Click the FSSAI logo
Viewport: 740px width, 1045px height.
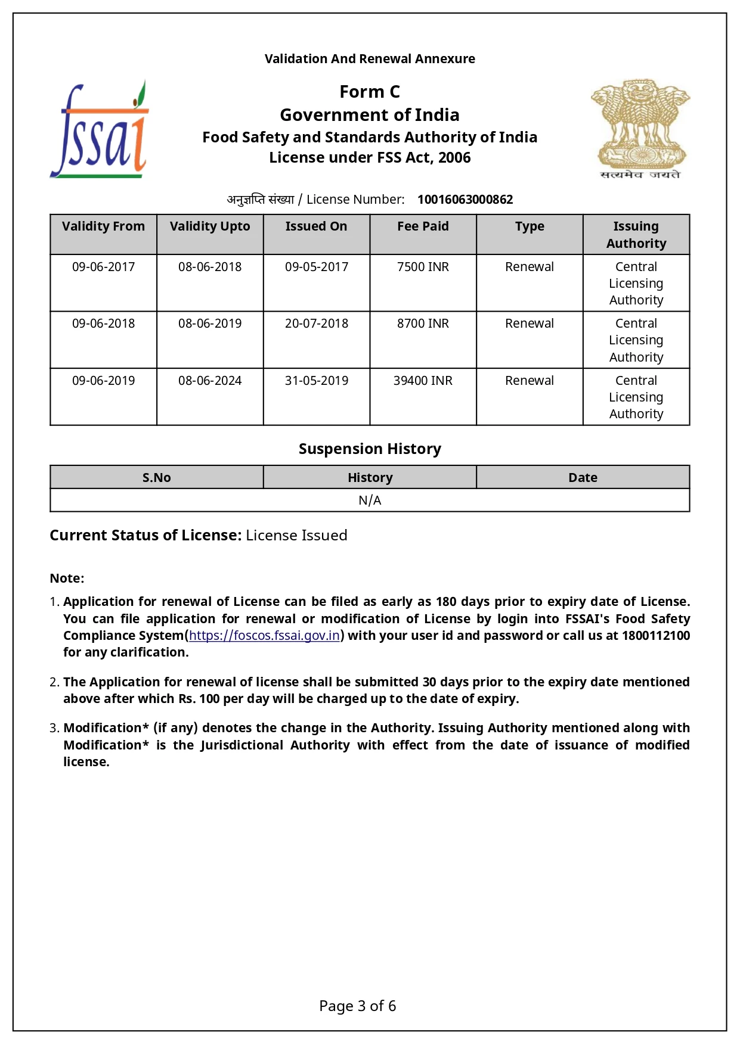(100, 130)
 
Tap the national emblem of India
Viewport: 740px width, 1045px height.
(640, 129)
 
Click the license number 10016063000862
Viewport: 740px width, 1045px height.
(465, 200)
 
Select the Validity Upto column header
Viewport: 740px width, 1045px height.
(210, 226)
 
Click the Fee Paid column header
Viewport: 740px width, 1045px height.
(423, 226)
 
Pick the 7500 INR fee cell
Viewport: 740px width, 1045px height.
(423, 267)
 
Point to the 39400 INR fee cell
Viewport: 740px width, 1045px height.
(423, 381)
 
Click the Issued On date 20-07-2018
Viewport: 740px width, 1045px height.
(317, 324)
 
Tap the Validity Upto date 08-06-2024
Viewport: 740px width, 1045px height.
(210, 381)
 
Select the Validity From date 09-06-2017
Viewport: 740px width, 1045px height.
(104, 267)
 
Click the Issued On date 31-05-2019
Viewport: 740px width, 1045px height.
(317, 381)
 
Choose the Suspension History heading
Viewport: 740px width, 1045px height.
(370, 449)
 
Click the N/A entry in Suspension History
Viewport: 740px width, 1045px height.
(370, 500)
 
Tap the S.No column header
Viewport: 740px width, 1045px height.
(156, 478)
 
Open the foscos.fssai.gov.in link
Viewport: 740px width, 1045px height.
(264, 636)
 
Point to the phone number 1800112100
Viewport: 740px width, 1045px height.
(655, 636)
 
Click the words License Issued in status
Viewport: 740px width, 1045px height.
(296, 536)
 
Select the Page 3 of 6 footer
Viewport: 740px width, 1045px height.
(357, 1006)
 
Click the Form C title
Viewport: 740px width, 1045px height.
(370, 92)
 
